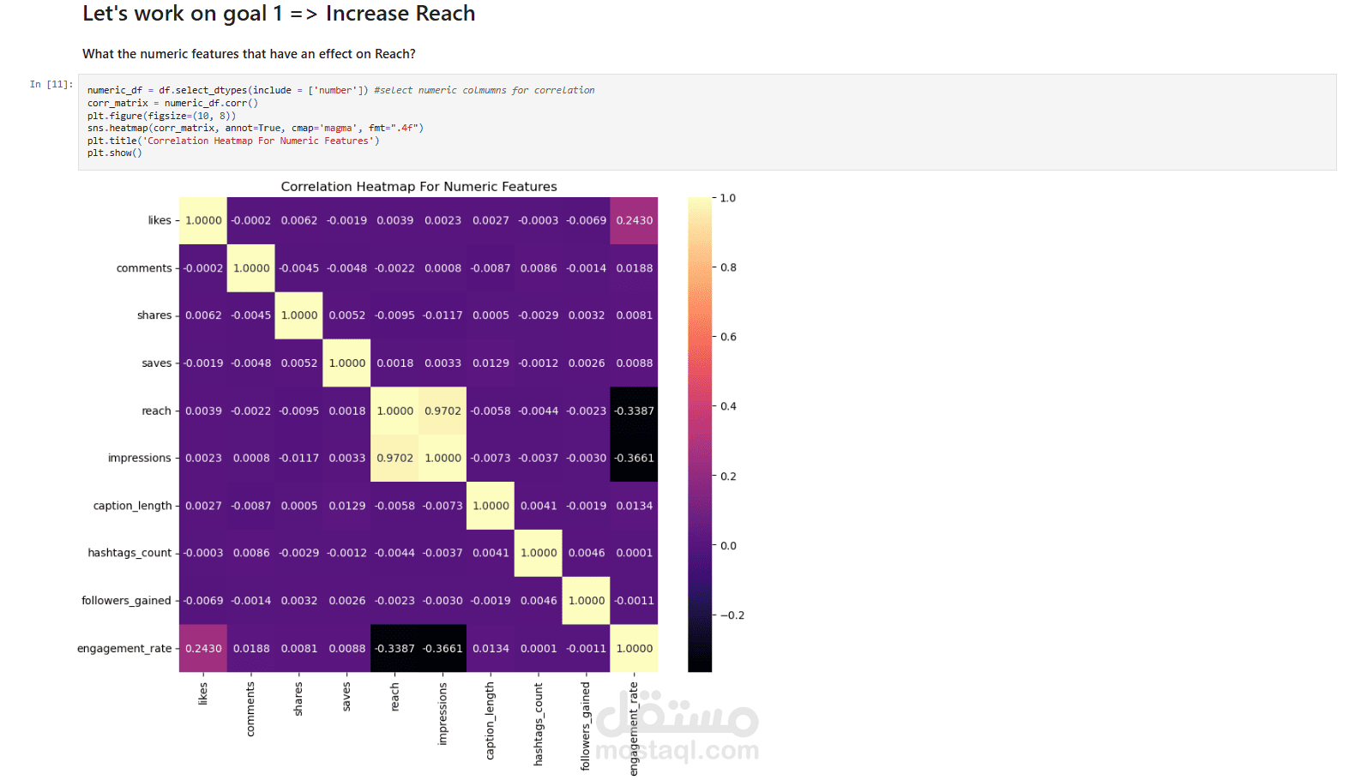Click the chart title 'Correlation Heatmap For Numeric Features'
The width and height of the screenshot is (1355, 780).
[419, 187]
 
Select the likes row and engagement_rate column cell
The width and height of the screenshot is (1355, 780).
[635, 220]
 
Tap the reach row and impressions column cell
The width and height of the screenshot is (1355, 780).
[443, 411]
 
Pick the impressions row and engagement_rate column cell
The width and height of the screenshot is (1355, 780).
[635, 458]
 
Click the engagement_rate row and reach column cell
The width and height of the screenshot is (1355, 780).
[394, 648]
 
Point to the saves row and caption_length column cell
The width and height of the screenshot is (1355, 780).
[491, 363]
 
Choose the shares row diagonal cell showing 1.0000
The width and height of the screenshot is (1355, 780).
[299, 315]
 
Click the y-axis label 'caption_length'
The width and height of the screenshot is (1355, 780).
[132, 506]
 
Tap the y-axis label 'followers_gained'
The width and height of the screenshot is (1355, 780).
[126, 601]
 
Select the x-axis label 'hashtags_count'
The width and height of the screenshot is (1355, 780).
[539, 723]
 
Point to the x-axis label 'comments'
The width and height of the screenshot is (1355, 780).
[250, 709]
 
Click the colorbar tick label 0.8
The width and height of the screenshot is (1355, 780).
[728, 267]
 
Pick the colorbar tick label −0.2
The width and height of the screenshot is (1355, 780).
[732, 615]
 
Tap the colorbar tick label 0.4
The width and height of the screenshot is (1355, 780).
[728, 406]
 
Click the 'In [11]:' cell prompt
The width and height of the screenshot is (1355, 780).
[51, 84]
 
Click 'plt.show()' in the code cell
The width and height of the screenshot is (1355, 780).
[114, 153]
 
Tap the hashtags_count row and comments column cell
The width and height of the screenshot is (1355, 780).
[251, 553]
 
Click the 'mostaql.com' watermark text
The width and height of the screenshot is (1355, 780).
[677, 751]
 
